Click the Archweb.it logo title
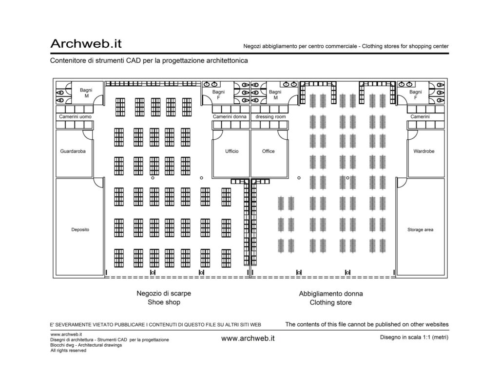point(86,43)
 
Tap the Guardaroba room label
point(73,151)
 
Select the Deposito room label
point(80,229)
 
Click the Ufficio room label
point(231,151)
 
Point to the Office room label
point(269,151)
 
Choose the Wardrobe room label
point(424,151)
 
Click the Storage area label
point(421,229)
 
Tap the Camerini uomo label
point(75,117)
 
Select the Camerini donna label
point(230,117)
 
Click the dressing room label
point(270,117)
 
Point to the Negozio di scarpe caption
point(164,293)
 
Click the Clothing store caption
point(331,302)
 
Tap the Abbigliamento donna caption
point(331,294)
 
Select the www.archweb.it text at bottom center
point(248,338)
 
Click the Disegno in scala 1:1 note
point(414,337)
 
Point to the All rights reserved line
point(68,350)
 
